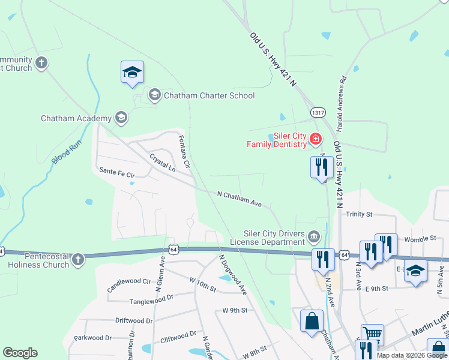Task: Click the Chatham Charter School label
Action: (x=209, y=95)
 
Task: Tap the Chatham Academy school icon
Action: (x=122, y=118)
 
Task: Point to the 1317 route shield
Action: (x=318, y=112)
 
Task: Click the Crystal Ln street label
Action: (x=162, y=161)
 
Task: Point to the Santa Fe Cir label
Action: (x=118, y=172)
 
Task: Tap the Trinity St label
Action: (x=359, y=214)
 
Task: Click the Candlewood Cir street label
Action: (x=129, y=281)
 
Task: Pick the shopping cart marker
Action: (x=372, y=334)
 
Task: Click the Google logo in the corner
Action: (x=20, y=353)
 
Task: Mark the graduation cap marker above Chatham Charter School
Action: (x=132, y=73)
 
